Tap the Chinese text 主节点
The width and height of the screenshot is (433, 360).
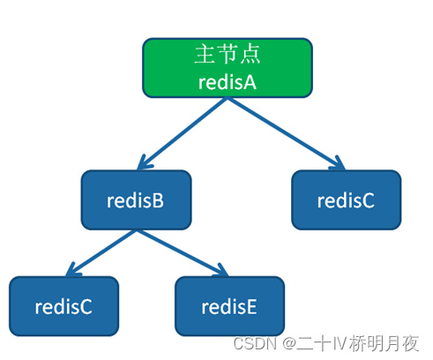(x=228, y=54)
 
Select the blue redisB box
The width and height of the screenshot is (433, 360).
(x=136, y=200)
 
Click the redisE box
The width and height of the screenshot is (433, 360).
(x=229, y=306)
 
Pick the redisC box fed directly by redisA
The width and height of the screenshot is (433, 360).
(x=346, y=200)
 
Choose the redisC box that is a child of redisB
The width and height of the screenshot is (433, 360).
(x=63, y=306)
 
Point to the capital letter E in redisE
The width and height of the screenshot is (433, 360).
(x=251, y=306)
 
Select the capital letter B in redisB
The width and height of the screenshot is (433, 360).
(x=159, y=200)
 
